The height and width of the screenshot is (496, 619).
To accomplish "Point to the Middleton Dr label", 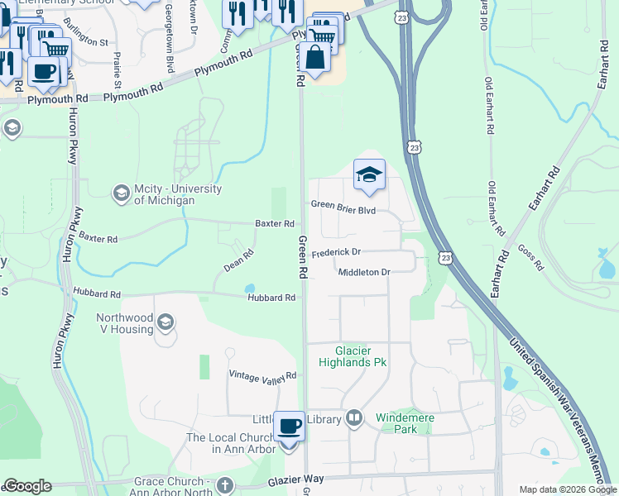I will coord(363,271).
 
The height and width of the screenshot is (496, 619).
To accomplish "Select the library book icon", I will coord(355,418).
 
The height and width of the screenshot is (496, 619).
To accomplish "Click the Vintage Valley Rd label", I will coord(262,375).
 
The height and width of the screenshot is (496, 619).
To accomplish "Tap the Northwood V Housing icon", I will coord(165,321).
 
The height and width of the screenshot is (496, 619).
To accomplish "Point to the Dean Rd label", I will coord(238,262).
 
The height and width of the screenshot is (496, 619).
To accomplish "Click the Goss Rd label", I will coord(530,257).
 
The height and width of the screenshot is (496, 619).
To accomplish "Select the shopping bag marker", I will coord(315,58).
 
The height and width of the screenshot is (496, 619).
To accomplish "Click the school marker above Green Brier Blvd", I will coord(369,175).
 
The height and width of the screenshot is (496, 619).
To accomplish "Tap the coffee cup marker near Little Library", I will coord(289,427).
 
